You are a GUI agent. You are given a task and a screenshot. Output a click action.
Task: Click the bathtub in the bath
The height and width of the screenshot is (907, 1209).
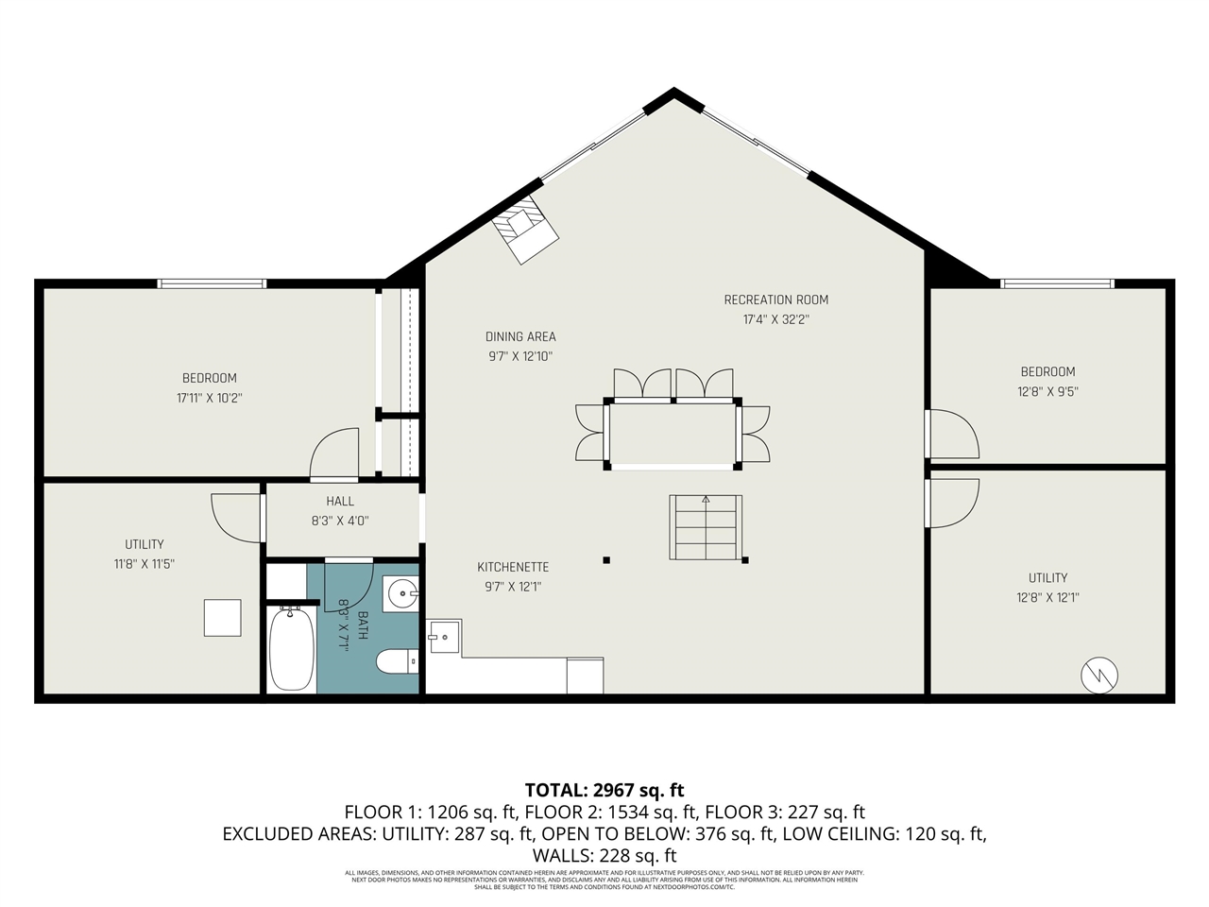pos(291,651)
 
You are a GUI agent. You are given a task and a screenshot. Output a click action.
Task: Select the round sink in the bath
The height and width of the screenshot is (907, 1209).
pos(402,595)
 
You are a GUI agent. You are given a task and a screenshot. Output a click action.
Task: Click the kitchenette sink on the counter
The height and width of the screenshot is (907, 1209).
pos(444,637)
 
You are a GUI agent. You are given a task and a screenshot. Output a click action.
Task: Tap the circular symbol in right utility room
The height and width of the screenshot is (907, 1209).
pos(1099,674)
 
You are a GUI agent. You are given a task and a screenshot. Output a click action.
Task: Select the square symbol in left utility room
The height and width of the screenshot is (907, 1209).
pos(223,618)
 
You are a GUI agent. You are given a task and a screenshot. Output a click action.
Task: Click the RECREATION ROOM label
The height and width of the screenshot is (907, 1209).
pos(775,299)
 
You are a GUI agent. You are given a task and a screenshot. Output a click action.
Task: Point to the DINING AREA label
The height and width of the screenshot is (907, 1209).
pos(520,336)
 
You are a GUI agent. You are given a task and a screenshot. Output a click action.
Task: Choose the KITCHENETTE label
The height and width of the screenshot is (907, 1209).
pos(513,567)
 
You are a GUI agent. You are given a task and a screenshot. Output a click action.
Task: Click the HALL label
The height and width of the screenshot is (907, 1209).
pos(340,501)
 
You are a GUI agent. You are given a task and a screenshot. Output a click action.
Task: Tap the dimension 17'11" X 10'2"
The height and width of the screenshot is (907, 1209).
pos(210,398)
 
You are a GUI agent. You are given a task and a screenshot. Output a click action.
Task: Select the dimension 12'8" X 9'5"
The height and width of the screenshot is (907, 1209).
pos(1047,390)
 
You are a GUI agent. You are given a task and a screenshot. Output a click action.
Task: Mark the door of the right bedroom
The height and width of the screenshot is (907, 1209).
pos(952,434)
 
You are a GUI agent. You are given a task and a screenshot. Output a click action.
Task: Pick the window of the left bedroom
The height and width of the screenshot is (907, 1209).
pos(212,282)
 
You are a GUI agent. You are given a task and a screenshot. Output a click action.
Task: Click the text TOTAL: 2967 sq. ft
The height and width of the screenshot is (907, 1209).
pos(604,790)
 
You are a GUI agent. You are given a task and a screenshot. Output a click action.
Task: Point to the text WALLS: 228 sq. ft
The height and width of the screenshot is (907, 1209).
pos(604,855)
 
